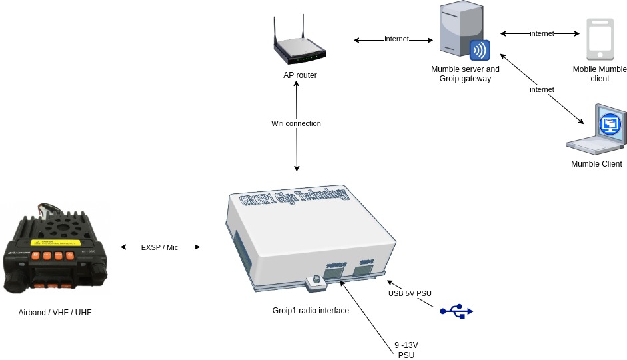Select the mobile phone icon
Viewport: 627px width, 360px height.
[599, 39]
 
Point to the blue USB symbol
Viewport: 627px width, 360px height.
[456, 311]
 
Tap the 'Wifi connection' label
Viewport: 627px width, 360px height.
[296, 123]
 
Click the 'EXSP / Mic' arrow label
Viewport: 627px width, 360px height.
[160, 247]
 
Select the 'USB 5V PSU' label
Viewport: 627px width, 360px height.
[410, 293]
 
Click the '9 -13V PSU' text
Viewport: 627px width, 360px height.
[406, 350]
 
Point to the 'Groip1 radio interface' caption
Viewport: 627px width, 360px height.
[311, 311]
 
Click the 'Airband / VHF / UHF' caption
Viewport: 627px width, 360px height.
[55, 312]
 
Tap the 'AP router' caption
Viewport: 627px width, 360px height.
[300, 75]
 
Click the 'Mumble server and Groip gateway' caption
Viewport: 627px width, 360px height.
[465, 74]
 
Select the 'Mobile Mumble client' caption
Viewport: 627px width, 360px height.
[600, 74]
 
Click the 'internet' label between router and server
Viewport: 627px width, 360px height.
[396, 39]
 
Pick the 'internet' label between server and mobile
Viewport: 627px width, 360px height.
[542, 33]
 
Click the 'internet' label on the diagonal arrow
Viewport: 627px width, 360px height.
[542, 89]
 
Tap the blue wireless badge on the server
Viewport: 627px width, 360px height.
[480, 51]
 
